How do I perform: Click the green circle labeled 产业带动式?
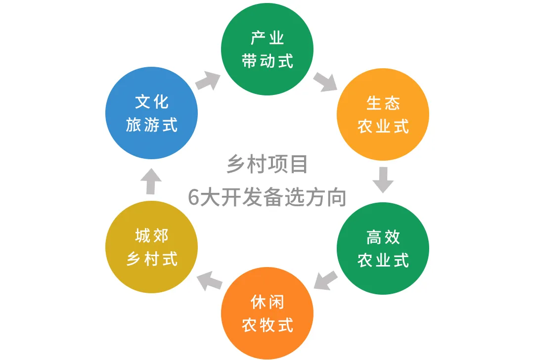pos(267,49)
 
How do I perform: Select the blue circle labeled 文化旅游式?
pos(152,113)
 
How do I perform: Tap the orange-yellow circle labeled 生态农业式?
pos(383,114)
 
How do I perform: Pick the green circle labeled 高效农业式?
pos(383,248)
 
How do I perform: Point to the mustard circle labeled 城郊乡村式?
pos(152,247)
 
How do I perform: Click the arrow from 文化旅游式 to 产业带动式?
pos(208,81)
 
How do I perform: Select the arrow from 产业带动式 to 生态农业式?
pos(325,81)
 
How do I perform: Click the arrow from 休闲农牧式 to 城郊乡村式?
pos(209,281)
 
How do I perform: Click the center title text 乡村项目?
pos(267,164)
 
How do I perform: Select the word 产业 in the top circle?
pos(267,38)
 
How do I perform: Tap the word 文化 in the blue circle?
pos(152,102)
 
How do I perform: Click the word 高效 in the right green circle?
pos(383,237)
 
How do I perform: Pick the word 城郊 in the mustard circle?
pos(152,236)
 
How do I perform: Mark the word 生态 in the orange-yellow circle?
pos(383,103)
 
